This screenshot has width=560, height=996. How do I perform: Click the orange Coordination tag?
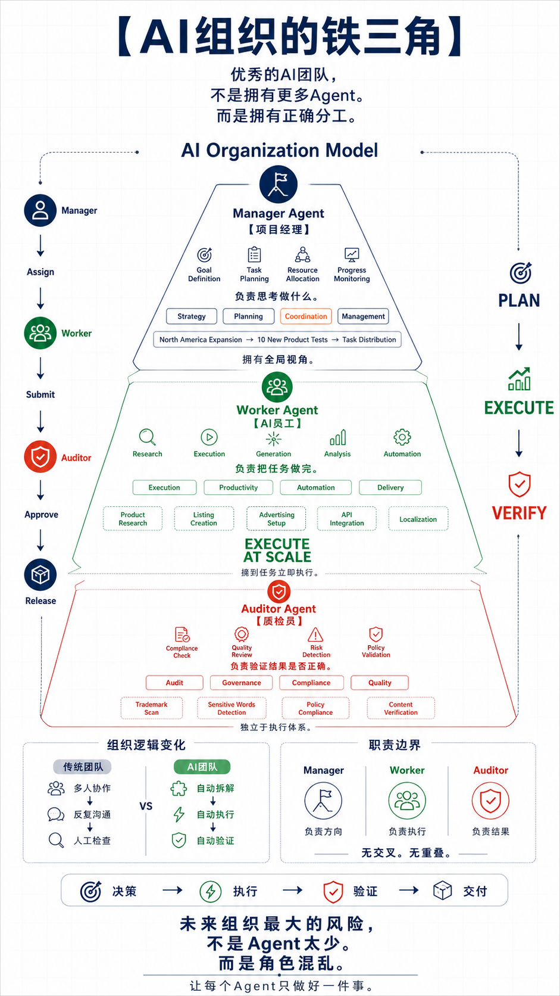306,316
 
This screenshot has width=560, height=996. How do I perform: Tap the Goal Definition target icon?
204,255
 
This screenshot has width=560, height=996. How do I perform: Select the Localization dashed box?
418,519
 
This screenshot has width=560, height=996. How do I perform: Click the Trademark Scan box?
151,708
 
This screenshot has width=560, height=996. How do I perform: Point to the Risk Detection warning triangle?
315,634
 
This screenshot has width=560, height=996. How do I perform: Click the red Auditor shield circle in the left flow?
40,457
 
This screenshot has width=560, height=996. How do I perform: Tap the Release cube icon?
40,575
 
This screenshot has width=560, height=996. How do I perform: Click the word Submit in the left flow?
40,394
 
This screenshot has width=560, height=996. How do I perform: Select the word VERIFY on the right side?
519,513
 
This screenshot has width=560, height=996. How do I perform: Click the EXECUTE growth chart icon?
519,379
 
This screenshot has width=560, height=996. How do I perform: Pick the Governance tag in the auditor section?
242,683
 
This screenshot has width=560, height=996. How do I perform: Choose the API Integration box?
347,519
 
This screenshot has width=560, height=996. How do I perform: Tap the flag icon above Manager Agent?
279,184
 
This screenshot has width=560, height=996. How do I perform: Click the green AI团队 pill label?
202,767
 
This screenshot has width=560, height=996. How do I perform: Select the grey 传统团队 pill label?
83,767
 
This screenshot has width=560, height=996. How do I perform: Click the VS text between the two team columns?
146,806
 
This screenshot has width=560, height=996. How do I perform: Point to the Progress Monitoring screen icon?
352,255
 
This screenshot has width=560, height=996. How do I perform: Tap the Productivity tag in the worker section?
239,487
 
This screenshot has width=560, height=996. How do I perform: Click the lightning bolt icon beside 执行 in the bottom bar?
211,891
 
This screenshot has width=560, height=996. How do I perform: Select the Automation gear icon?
402,437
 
